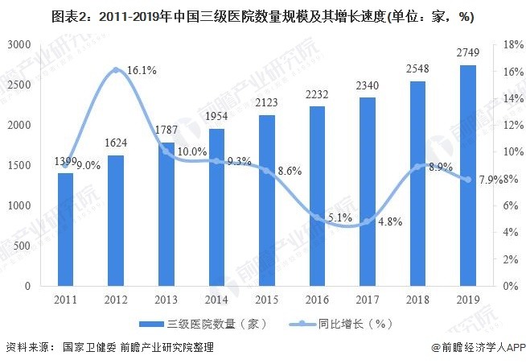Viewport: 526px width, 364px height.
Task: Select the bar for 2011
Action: click(65, 230)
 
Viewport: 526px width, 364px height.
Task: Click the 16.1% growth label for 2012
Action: click(141, 71)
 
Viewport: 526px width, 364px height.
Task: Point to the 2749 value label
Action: click(467, 52)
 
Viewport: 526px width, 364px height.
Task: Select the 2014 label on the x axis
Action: click(216, 300)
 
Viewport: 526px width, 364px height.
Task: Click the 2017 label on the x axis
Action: click(367, 300)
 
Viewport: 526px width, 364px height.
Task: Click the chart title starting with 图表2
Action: click(262, 15)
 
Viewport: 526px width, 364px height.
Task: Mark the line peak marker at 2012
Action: click(116, 70)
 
